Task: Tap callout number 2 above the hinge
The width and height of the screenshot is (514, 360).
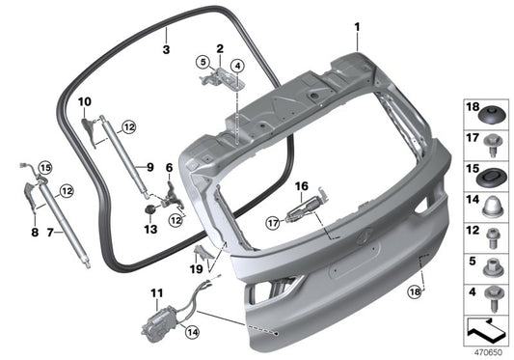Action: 220,47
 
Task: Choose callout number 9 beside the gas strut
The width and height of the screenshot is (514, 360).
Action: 150,166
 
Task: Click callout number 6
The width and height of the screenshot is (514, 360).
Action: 169,167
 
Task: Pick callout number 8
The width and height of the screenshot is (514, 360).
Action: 37,232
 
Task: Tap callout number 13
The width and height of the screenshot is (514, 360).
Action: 149,230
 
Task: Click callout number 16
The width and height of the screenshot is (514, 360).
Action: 300,184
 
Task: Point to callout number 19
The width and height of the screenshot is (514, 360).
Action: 199,270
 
